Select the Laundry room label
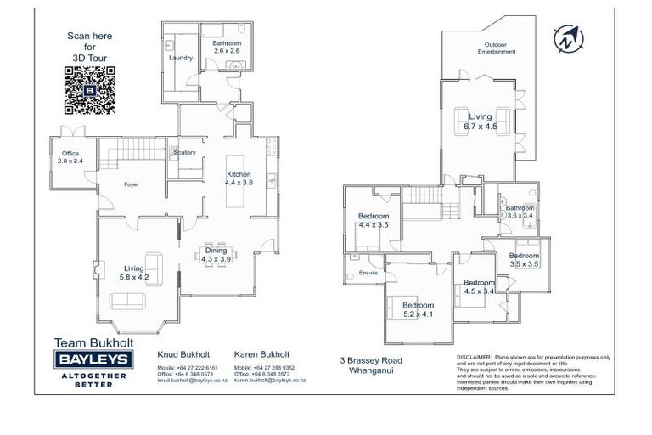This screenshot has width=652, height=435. pos(181,58)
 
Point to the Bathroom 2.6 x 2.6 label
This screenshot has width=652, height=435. pos(227,47)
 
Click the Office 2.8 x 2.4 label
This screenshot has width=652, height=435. pos(70,157)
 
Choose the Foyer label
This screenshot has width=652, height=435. pos(132,184)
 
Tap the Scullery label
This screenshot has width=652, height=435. pos(184,153)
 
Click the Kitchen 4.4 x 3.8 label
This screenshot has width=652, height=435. pos(239,178)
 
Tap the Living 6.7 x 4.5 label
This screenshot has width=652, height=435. pos(480,122)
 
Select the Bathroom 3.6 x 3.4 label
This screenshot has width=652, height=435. pos(520,212)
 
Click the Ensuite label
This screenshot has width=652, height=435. pos(368,273)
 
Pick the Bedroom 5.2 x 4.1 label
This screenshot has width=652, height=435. pos(418,309)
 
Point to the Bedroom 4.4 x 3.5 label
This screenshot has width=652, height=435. pos(373,221)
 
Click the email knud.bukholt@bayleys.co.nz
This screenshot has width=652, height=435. pos(188,381)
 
